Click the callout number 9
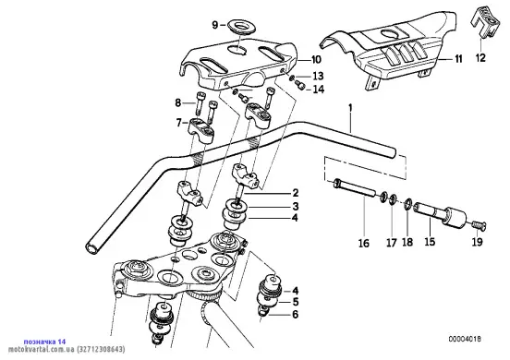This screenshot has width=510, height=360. click(215, 25)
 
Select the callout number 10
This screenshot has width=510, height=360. click(316, 59)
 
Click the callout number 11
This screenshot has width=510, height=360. click(458, 59)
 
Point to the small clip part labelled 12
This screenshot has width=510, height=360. click(485, 22)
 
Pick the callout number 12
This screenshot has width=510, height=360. click(480, 58)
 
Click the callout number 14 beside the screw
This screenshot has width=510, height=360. click(319, 89)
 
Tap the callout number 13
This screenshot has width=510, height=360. click(318, 76)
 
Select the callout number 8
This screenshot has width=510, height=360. click(178, 103)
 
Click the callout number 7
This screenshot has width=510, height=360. click(178, 123)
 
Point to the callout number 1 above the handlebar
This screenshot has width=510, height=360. click(350, 108)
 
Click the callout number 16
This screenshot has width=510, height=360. click(364, 243)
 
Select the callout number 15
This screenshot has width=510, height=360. click(430, 242)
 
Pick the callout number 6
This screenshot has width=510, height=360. click(295, 314)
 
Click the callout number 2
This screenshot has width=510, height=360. click(296, 193)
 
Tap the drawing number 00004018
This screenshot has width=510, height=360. click(465, 339)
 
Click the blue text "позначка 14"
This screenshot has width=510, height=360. click(44, 342)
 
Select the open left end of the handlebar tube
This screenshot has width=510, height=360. click(91, 248)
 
